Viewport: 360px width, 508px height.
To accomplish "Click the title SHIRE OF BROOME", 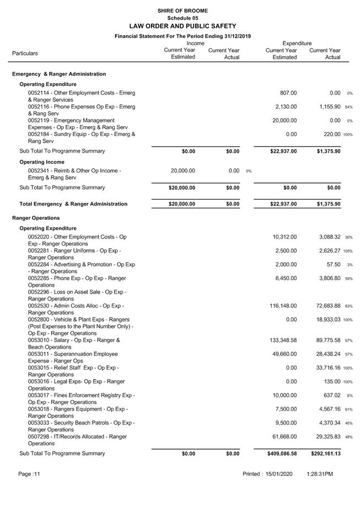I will pos(182,10).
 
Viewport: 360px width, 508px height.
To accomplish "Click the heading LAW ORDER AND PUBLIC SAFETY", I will pos(182,26).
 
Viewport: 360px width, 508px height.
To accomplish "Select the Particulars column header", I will pos(25,53).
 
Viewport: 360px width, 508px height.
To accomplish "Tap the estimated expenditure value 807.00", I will pos(288,93).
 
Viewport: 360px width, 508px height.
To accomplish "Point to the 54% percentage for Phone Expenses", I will pos(349,107).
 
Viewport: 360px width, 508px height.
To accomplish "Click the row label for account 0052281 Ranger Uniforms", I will pos(74,254).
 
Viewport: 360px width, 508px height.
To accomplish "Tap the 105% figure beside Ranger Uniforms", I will pos(348,251).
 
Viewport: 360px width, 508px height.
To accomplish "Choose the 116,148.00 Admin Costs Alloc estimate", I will pos(284,306).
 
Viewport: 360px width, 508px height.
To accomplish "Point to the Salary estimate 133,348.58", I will pos(284,341).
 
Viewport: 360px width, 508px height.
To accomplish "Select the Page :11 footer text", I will pos(29,474).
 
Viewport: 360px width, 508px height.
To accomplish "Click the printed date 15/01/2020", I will pos(281,474).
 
